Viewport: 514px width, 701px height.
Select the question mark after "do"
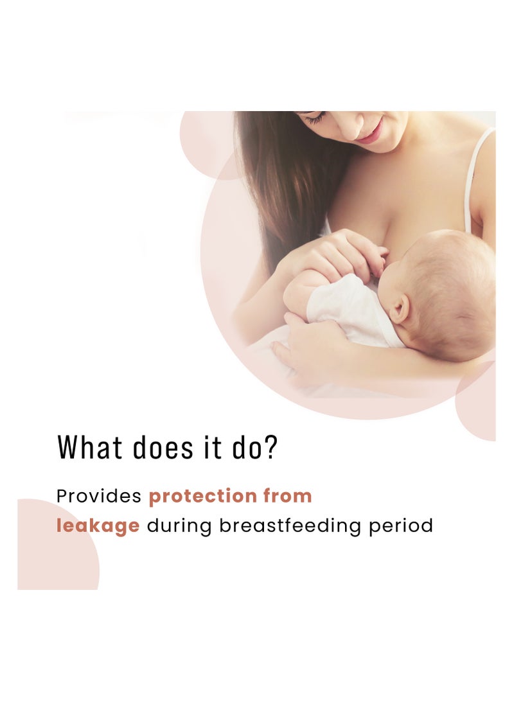(271, 447)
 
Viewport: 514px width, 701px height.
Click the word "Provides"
(99, 497)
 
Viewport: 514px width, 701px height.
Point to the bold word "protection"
(202, 496)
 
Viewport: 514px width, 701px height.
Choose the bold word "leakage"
(98, 526)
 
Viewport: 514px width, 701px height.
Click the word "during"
(179, 526)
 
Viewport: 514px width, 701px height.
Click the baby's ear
(399, 309)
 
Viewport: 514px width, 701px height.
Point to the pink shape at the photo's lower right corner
(479, 402)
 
